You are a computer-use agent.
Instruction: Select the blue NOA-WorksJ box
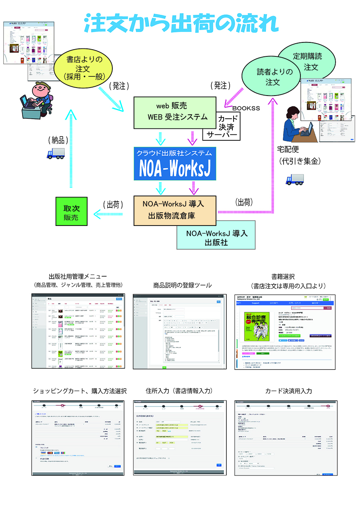(x=175, y=164)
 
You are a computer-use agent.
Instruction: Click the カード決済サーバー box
(x=222, y=126)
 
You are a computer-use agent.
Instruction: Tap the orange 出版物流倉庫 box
(x=175, y=210)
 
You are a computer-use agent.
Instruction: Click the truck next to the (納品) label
(x=55, y=153)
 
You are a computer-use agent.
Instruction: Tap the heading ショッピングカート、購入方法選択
(x=79, y=391)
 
